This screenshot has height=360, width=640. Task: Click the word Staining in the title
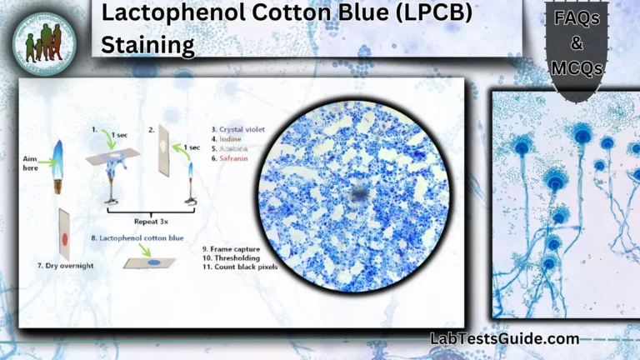tap(147, 44)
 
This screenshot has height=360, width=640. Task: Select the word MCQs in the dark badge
tap(577, 69)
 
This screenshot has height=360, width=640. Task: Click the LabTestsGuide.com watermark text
tap(504, 338)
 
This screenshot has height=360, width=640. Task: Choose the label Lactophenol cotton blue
tap(138, 237)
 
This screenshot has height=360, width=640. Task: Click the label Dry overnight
tap(65, 265)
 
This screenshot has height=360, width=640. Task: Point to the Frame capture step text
tap(231, 248)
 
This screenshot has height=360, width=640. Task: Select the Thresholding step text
tap(231, 257)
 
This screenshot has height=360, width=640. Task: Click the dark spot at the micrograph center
tap(359, 195)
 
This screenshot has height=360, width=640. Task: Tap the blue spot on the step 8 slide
tap(152, 260)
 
